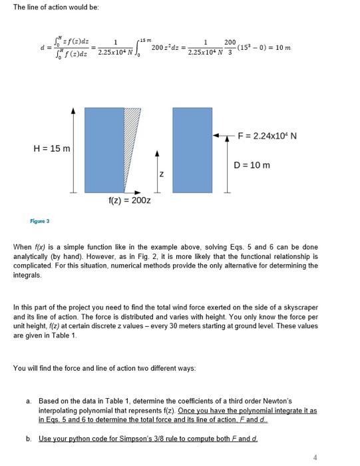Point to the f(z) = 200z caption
(x=129, y=199)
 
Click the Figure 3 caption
(x=39, y=220)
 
